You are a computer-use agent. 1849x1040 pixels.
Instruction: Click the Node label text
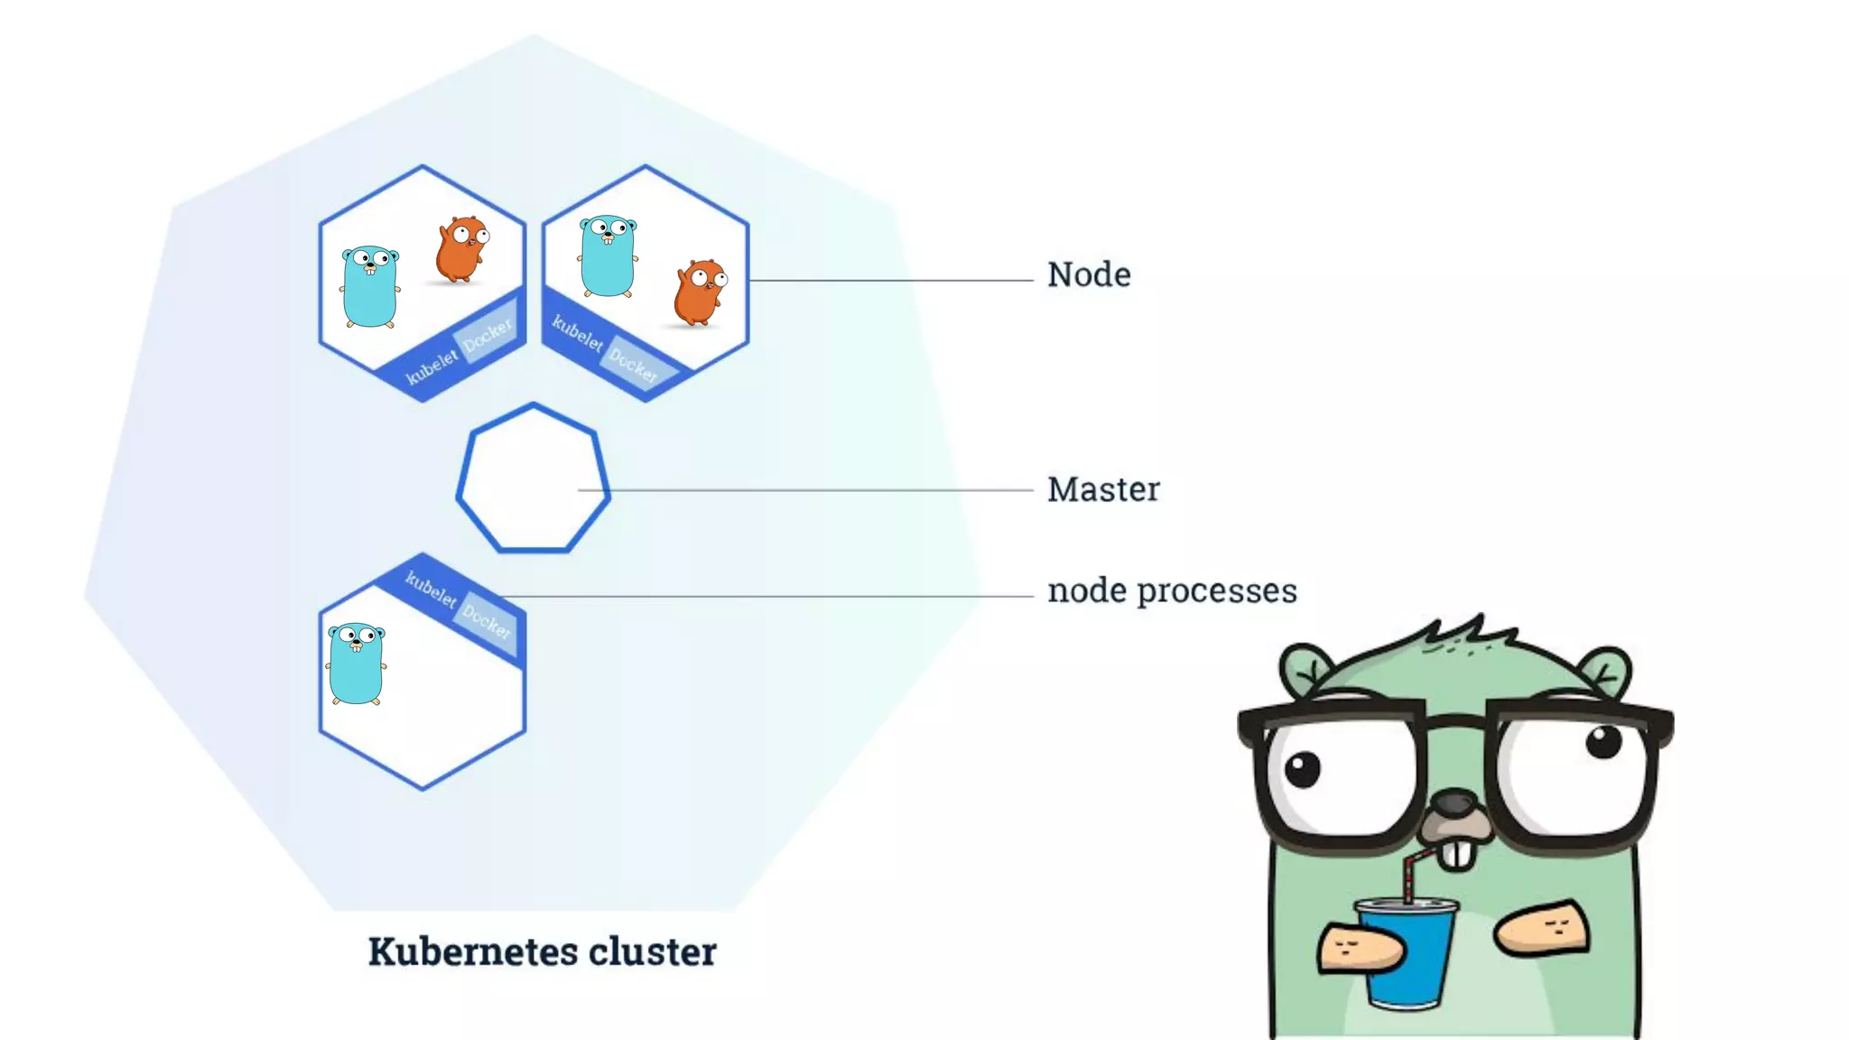click(x=1089, y=274)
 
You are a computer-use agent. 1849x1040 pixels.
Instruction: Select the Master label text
click(x=1103, y=489)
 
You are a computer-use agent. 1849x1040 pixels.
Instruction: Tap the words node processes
click(x=1172, y=590)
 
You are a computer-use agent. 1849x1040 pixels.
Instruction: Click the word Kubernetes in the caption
click(x=473, y=952)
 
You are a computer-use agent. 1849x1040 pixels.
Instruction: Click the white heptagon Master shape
click(x=533, y=478)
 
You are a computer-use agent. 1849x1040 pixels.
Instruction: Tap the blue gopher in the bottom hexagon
click(x=357, y=663)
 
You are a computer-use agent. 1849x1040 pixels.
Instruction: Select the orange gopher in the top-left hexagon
click(x=461, y=249)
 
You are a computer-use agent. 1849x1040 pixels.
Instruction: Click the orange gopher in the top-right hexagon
click(x=700, y=292)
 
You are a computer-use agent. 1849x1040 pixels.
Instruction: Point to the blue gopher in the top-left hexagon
click(x=370, y=286)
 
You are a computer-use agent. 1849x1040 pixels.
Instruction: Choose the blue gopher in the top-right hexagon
click(x=608, y=255)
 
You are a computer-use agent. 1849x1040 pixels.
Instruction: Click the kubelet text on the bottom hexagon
click(x=430, y=589)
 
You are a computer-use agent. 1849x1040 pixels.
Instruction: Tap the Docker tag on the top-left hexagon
click(x=488, y=335)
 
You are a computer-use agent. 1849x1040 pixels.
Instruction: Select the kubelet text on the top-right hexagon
click(x=577, y=333)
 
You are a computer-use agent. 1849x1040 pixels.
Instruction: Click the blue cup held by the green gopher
click(x=1406, y=957)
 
